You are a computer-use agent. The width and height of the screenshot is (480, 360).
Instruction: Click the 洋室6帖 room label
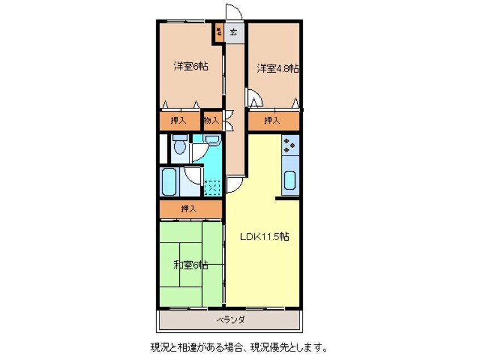pyautogui.click(x=191, y=66)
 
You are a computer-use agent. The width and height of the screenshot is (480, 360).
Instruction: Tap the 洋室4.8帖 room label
pyautogui.click(x=277, y=69)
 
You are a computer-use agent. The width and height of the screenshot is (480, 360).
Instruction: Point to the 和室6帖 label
pyautogui.click(x=190, y=265)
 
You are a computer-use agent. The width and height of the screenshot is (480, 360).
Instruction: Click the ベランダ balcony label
pyautogui.click(x=230, y=320)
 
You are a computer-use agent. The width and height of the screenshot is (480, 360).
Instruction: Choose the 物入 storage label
pyautogui.click(x=212, y=120)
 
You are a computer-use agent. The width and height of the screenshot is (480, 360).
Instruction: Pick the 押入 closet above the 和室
pyautogui.click(x=190, y=209)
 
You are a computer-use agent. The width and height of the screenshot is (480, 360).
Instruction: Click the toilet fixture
pyautogui.click(x=179, y=147)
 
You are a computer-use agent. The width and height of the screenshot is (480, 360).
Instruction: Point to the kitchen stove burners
pyautogui.click(x=290, y=146)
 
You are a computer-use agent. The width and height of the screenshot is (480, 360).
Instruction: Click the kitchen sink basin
pyautogui.click(x=289, y=181)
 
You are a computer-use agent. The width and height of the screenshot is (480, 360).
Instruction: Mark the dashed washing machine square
pyautogui.click(x=213, y=187)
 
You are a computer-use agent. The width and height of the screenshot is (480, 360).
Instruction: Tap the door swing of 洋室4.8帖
pyautogui.click(x=255, y=100)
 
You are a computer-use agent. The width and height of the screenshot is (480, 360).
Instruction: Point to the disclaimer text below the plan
pyautogui.click(x=238, y=346)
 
